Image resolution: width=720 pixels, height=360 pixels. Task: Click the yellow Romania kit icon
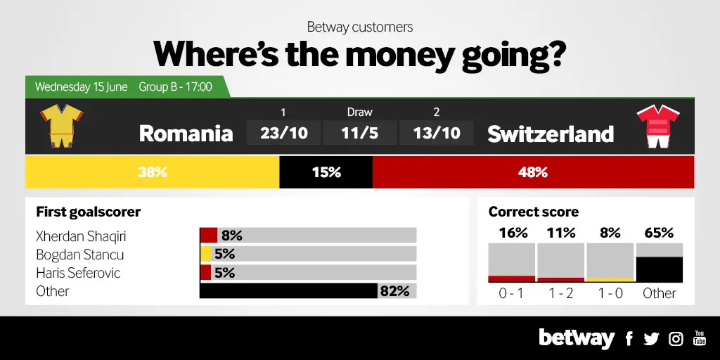coord(62,126)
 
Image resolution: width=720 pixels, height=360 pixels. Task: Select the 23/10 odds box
coord(284,133)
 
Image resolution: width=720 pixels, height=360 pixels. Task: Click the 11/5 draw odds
coord(360,133)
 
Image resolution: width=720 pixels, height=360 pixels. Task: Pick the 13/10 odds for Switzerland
coord(436,133)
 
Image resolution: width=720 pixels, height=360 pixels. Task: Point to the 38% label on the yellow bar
coord(153,173)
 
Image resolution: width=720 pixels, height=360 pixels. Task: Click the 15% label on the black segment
coord(326,173)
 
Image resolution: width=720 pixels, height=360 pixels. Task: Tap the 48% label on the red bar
coord(533,173)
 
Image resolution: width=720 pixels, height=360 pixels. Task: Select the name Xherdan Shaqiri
coord(81,236)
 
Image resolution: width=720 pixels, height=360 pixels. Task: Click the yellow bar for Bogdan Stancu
coord(205,254)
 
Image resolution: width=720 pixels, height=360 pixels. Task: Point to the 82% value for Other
coord(394,291)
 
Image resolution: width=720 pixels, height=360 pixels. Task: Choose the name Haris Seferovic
coord(78,273)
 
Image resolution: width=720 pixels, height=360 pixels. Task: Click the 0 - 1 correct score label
coord(511,293)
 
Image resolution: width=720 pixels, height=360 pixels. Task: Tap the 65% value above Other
coord(659,233)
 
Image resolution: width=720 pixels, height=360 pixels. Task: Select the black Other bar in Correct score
coord(660,269)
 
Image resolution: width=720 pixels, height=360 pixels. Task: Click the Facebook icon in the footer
coord(629,339)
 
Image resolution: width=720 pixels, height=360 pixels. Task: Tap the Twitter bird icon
coord(651,339)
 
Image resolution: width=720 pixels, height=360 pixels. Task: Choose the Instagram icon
coord(676,339)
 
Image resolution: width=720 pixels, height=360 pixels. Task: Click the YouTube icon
coord(700,337)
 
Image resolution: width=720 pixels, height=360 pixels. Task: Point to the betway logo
coord(577,339)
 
